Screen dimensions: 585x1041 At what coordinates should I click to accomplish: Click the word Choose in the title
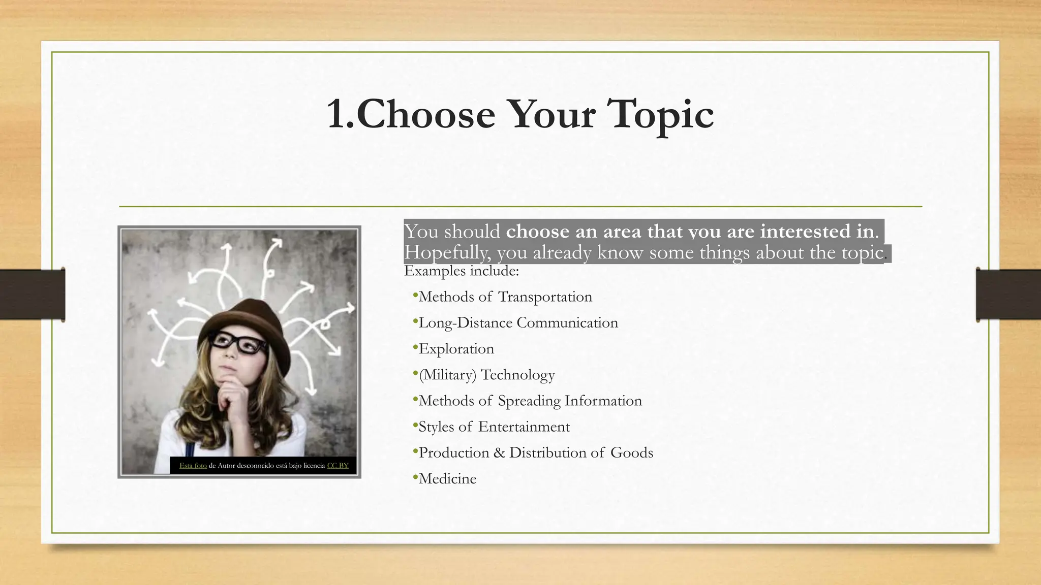coord(425,114)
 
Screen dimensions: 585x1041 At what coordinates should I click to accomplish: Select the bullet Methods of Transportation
coord(505,297)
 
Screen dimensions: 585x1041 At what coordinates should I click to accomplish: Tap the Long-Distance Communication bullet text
coord(518,323)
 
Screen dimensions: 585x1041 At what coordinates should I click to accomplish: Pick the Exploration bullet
coord(456,349)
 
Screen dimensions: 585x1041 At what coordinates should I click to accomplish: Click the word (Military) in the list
coord(447,375)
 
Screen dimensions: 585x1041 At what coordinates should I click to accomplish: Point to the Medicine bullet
coord(447,479)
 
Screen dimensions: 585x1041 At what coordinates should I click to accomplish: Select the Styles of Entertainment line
coord(494,427)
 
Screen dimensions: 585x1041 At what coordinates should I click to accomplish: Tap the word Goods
coord(632,452)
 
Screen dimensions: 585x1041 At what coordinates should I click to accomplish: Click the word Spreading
coord(529,401)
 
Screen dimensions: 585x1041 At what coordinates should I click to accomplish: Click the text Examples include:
coord(462,271)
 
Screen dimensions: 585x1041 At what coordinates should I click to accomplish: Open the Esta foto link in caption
coord(193,466)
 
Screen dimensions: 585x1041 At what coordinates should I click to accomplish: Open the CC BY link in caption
coord(338,466)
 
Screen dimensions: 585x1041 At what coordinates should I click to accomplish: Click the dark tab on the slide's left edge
coord(33,295)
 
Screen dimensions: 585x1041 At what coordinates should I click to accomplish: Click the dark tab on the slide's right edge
coord(1008,295)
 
